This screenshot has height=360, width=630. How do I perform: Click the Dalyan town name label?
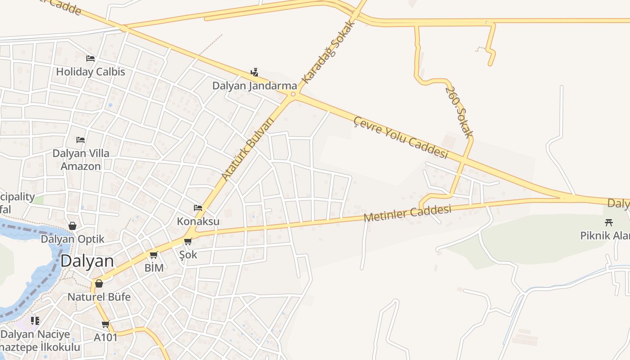tap(87, 261)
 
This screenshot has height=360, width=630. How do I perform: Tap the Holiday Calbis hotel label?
tap(90, 72)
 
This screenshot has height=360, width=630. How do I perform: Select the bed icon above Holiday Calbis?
tap(90, 58)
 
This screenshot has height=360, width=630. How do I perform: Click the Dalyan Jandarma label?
tap(255, 85)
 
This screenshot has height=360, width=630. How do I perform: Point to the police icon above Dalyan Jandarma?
tap(255, 72)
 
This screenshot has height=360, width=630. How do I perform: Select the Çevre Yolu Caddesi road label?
tap(400, 138)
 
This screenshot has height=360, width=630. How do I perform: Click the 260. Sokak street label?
tap(459, 112)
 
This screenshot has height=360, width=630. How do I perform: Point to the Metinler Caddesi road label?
tap(407, 213)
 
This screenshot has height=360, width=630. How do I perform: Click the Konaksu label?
tap(198, 221)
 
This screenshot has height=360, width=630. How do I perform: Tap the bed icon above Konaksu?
tap(198, 208)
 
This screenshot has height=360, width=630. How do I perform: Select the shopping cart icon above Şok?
tap(188, 242)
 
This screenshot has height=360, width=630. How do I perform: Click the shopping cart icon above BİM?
tap(154, 255)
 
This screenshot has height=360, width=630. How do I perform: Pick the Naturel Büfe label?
tap(99, 297)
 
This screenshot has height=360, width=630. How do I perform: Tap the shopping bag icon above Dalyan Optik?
tap(72, 226)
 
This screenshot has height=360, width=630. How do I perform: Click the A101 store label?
tap(106, 337)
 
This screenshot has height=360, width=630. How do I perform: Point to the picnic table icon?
tap(609, 222)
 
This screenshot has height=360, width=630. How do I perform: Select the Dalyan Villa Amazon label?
tap(81, 160)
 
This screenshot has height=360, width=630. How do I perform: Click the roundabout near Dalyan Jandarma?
tap(293, 94)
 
